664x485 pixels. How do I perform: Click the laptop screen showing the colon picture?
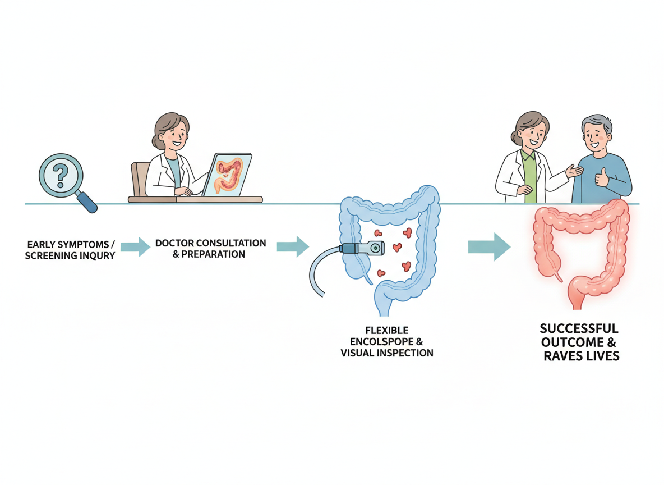point(227,175)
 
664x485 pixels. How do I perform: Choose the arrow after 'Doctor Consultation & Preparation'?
point(293,246)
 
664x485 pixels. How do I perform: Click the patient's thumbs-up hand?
point(602,177)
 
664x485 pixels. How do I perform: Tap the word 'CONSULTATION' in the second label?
point(230,243)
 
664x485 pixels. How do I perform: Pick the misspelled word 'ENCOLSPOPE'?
point(375,341)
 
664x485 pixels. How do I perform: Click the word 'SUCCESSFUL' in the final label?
point(579,328)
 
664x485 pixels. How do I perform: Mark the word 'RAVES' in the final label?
point(564,355)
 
